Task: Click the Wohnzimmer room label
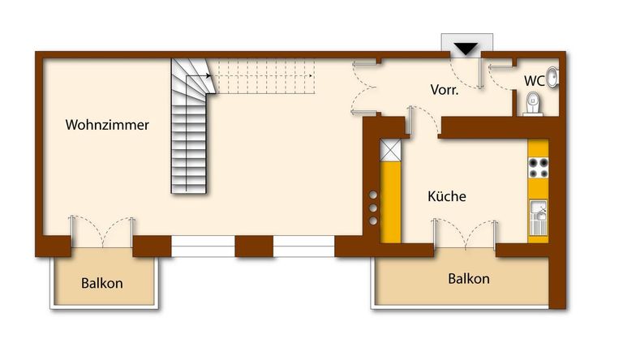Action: click(x=107, y=126)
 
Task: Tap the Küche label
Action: click(x=447, y=196)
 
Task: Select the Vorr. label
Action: click(x=444, y=91)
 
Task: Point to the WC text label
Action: click(x=534, y=81)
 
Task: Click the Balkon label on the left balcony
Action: click(x=102, y=284)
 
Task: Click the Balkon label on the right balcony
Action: click(x=469, y=279)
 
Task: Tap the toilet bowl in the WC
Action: click(x=533, y=103)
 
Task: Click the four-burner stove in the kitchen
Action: click(x=538, y=168)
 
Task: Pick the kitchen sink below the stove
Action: click(x=538, y=218)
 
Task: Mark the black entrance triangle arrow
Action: click(x=466, y=49)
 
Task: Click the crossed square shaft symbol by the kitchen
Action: click(x=390, y=149)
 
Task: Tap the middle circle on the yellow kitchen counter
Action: click(x=373, y=208)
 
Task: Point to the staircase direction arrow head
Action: click(x=208, y=76)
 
